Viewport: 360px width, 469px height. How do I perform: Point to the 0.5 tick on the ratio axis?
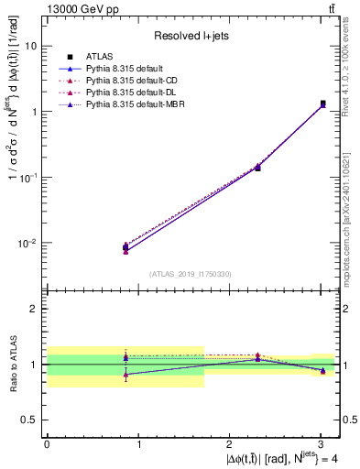pos(30,420)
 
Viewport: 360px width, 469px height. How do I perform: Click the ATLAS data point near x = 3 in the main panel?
pos(322,104)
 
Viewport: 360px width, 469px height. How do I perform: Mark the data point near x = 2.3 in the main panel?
pos(257,168)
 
